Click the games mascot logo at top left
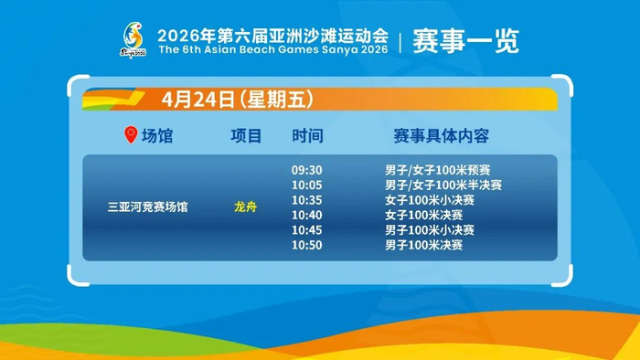pos(133,40)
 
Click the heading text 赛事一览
pos(465,41)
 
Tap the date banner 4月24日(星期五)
pos(238,99)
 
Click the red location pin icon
pos(131,134)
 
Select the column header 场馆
pos(157,136)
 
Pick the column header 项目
pos(246,136)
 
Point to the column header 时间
pos(307,136)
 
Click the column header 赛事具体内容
pos(442,136)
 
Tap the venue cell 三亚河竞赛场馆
pos(148,207)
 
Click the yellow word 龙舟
pos(245,207)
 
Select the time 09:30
pos(306,170)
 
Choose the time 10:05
pos(306,185)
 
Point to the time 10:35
pos(306,200)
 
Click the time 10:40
pos(306,215)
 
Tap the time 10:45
pos(306,230)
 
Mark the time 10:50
pos(306,245)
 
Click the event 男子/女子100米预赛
pos(438,170)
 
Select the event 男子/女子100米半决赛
pos(443,185)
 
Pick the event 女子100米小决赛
pos(430,200)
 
